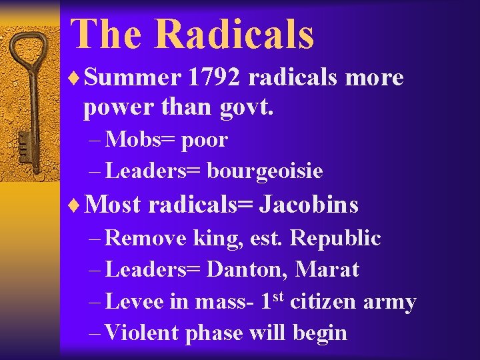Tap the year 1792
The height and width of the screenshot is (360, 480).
click(217, 78)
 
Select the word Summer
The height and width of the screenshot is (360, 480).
click(133, 78)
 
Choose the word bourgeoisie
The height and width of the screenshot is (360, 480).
click(265, 171)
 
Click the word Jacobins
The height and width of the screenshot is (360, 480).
click(309, 204)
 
